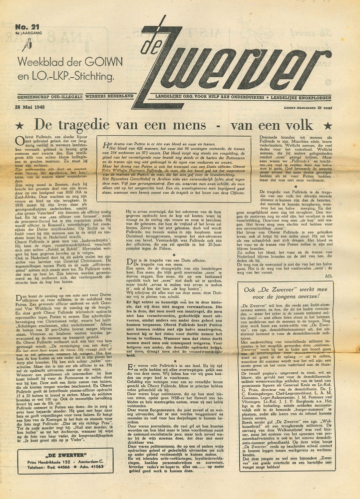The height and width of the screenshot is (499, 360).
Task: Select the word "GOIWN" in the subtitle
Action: [x=97, y=63]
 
